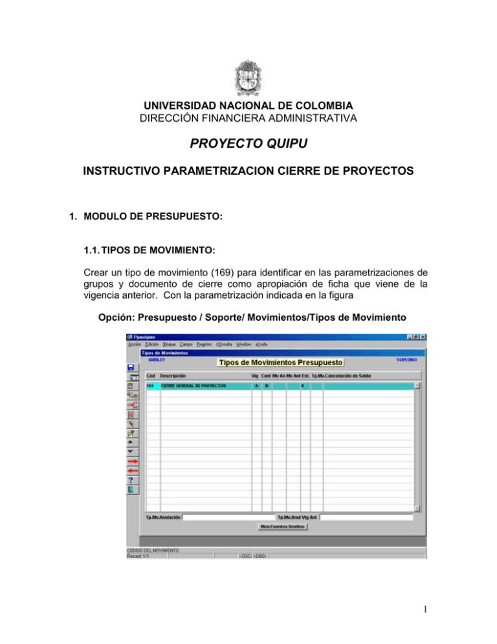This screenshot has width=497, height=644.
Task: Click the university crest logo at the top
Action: (x=248, y=82)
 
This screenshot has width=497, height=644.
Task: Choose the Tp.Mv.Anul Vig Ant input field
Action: (x=366, y=518)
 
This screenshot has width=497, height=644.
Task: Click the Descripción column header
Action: (x=173, y=375)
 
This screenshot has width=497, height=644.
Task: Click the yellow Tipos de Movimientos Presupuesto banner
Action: (x=281, y=362)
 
